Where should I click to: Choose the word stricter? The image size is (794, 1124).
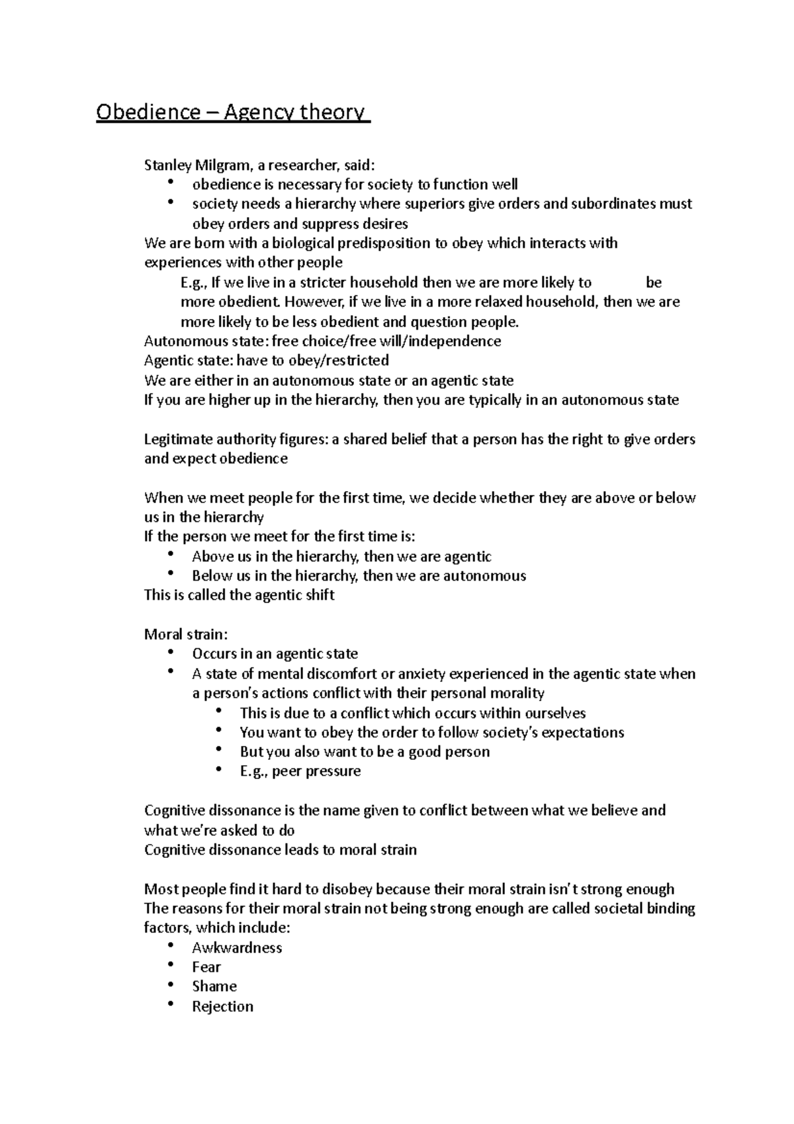pyautogui.click(x=323, y=283)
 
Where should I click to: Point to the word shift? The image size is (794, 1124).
pyautogui.click(x=319, y=595)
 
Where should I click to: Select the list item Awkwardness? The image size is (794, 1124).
pyautogui.click(x=237, y=948)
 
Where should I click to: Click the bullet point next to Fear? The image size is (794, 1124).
pyautogui.click(x=172, y=965)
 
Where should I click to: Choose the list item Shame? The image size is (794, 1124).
pyautogui.click(x=214, y=986)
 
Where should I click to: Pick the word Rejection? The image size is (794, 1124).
pyautogui.click(x=222, y=1007)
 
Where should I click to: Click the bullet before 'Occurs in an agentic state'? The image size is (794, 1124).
pyautogui.click(x=172, y=652)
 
